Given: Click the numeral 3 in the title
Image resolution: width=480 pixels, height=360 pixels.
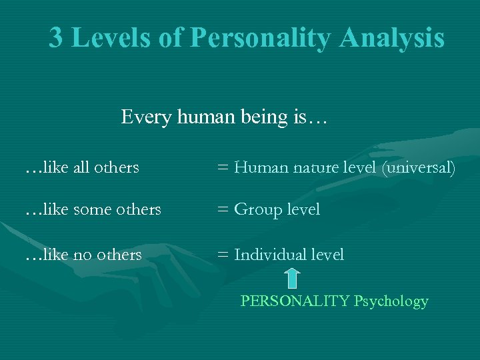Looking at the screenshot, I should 57,38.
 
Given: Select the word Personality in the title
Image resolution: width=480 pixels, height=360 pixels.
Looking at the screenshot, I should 260,38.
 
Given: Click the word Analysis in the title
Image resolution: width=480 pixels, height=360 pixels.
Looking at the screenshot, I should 391,38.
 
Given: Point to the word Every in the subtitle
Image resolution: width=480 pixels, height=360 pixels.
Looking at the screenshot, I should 146,118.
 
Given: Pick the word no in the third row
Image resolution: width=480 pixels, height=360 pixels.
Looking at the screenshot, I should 83,255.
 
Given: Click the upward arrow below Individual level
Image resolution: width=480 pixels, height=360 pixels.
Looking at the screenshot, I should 291,279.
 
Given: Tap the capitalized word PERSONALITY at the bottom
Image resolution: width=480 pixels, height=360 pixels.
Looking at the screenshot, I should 295,301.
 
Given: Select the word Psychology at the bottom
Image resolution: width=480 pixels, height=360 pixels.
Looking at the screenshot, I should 391,301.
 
